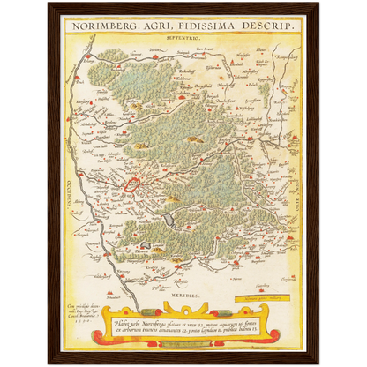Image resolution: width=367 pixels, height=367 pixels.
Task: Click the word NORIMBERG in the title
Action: click(x=103, y=26)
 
